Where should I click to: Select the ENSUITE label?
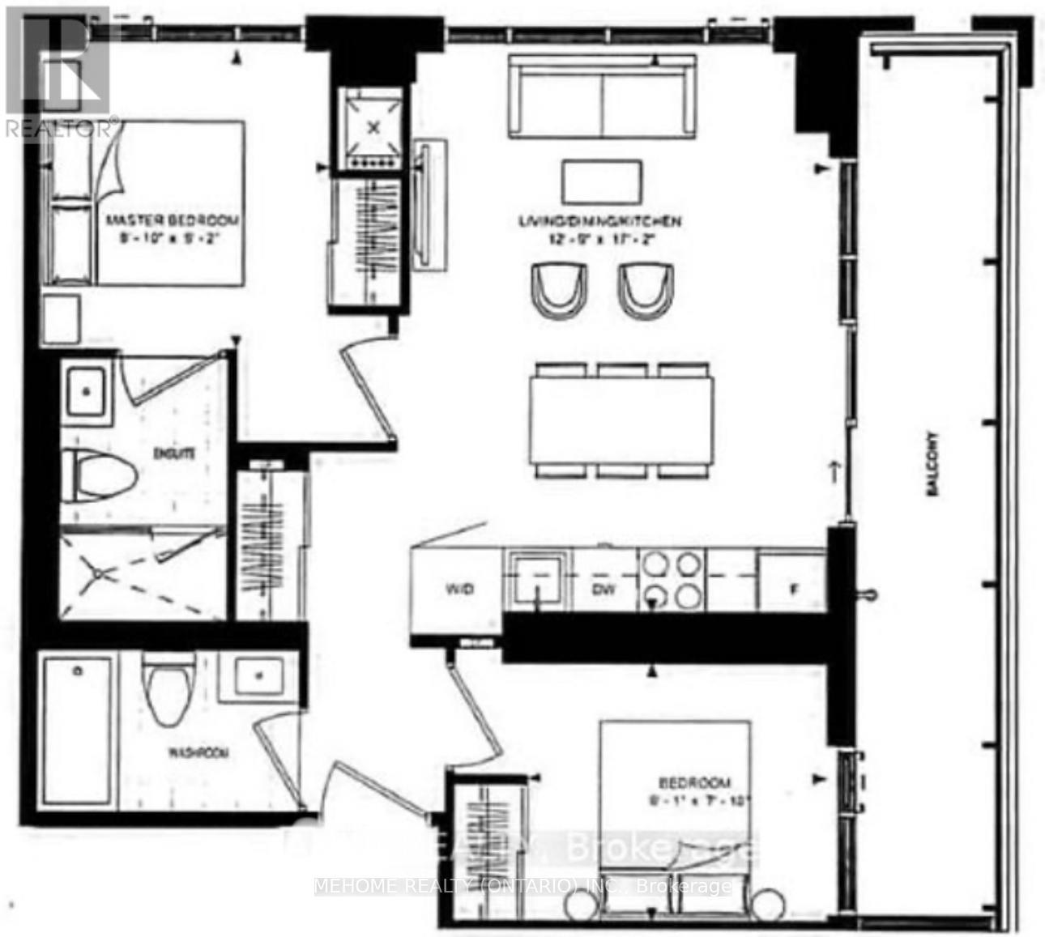pyautogui.click(x=173, y=454)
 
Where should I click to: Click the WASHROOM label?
pyautogui.click(x=198, y=752)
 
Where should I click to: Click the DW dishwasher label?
pyautogui.click(x=604, y=589)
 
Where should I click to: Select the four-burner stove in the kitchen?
pyautogui.click(x=671, y=579)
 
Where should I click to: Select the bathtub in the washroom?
pyautogui.click(x=79, y=729)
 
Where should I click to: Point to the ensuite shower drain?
pyautogui.click(x=100, y=573)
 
